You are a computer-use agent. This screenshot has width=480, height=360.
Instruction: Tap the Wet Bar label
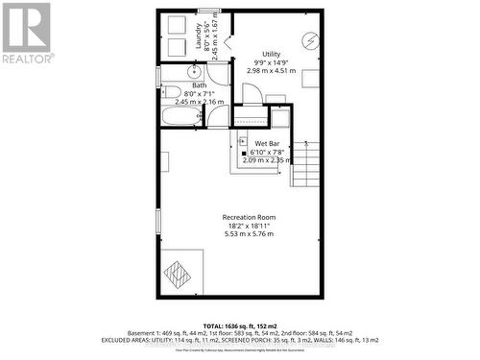[266, 143]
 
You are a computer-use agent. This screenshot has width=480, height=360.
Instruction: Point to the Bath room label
[199, 85]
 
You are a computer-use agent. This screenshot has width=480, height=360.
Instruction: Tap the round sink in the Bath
[193, 71]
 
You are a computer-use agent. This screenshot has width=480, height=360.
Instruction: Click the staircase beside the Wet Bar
[306, 164]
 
